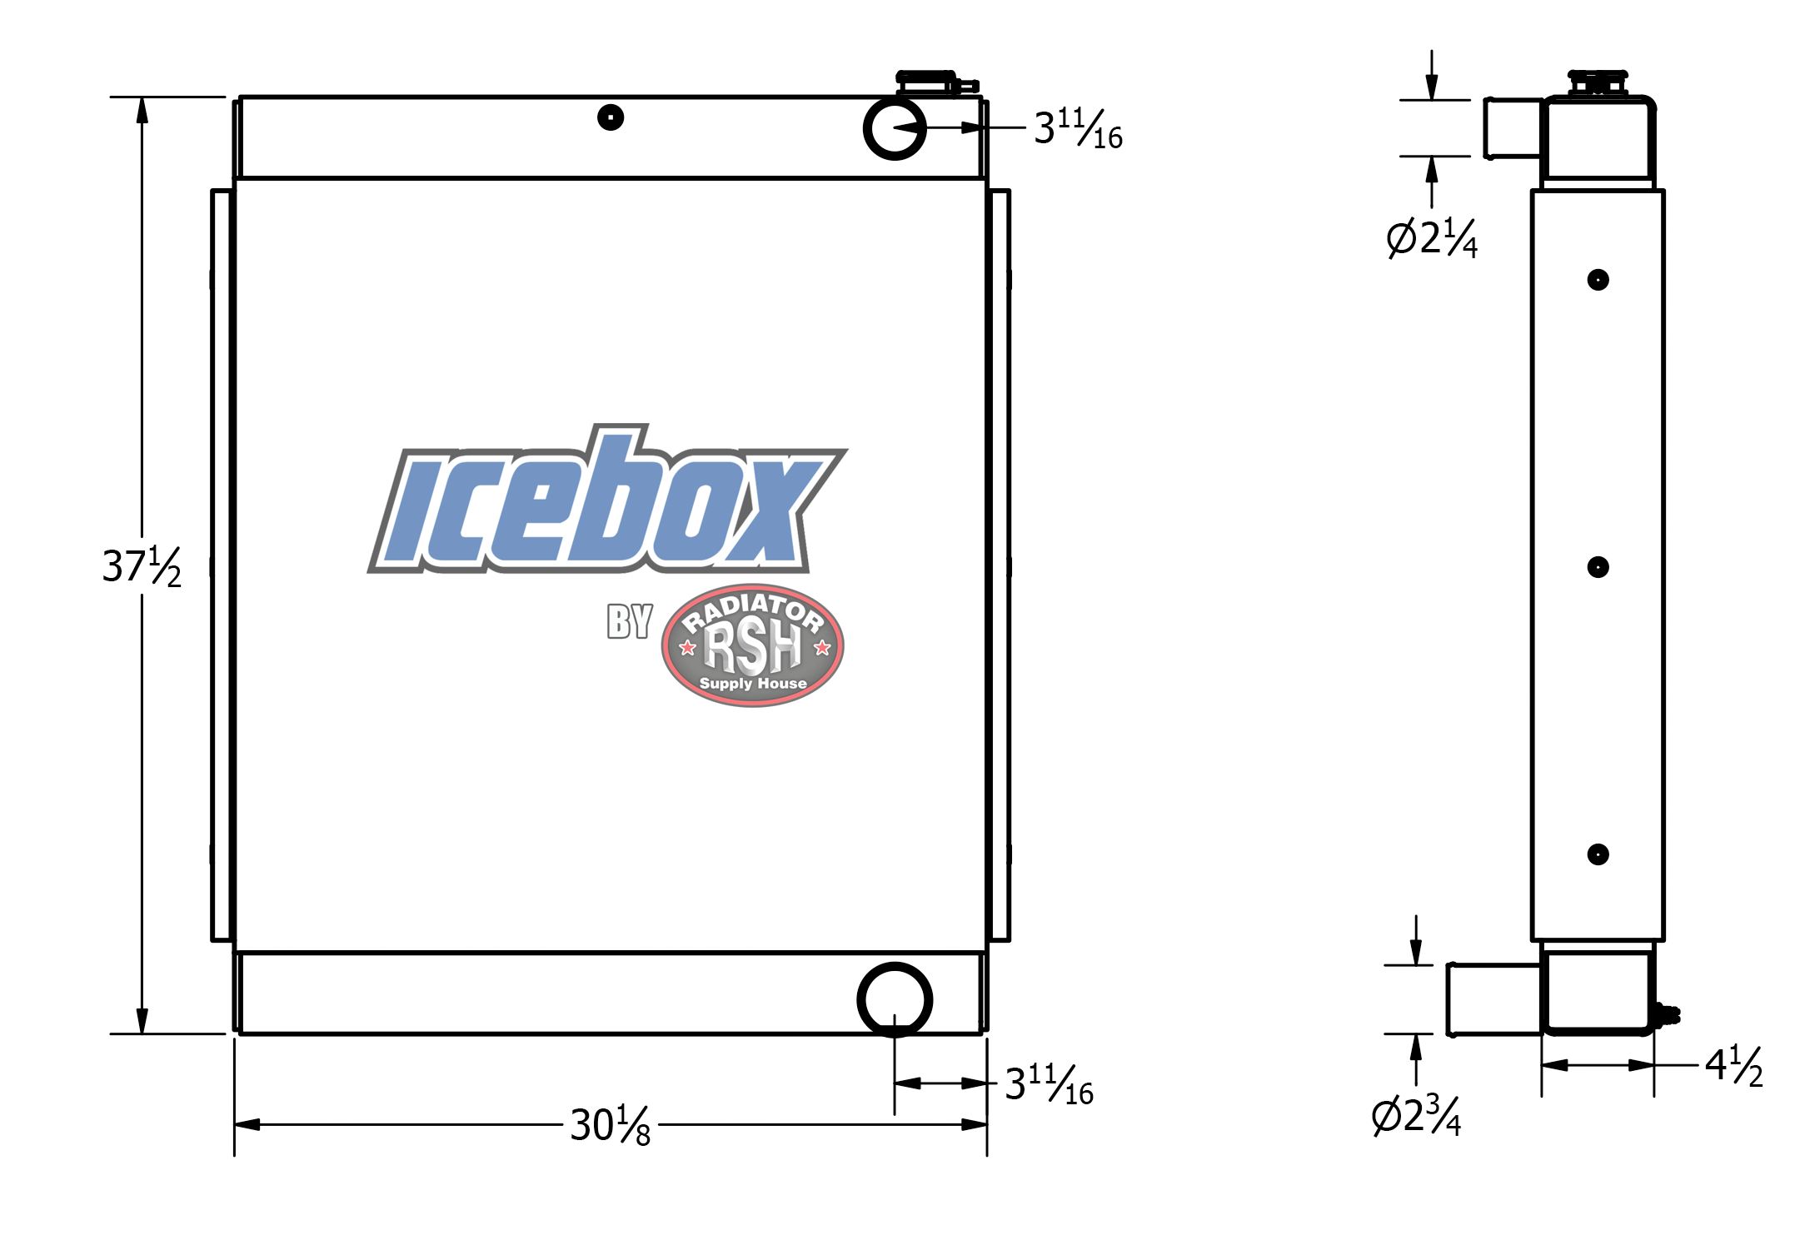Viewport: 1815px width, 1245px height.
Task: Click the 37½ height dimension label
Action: pyautogui.click(x=142, y=567)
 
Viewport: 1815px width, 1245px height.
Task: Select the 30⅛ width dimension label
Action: pyautogui.click(x=611, y=1125)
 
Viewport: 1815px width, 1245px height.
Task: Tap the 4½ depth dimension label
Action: pyautogui.click(x=1734, y=1066)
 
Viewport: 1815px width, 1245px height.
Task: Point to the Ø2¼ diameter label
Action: pyautogui.click(x=1432, y=238)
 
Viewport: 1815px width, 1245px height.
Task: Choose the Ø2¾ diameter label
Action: pyautogui.click(x=1416, y=1116)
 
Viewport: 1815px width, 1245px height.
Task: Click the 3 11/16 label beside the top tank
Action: pyautogui.click(x=1078, y=128)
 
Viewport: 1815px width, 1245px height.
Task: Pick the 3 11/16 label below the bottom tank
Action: pyautogui.click(x=1049, y=1084)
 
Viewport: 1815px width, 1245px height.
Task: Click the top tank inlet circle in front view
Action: pyautogui.click(x=895, y=100)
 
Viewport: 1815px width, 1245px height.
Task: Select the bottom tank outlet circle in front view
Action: pyautogui.click(x=895, y=964)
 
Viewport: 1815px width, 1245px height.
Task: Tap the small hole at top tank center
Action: pyautogui.click(x=611, y=117)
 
